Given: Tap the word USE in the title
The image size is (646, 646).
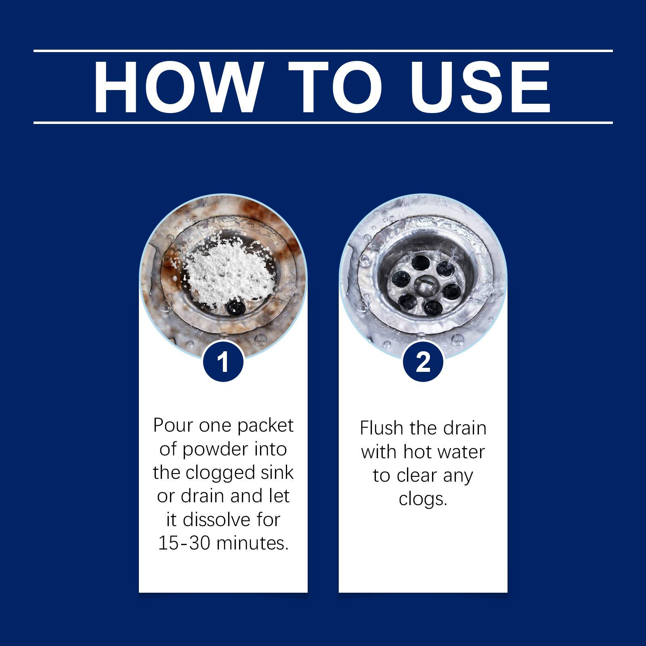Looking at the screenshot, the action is [475, 87].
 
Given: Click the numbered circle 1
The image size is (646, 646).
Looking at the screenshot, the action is [223, 362].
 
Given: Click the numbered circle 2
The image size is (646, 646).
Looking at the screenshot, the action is [423, 362].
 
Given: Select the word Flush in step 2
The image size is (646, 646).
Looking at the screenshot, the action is [382, 428].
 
